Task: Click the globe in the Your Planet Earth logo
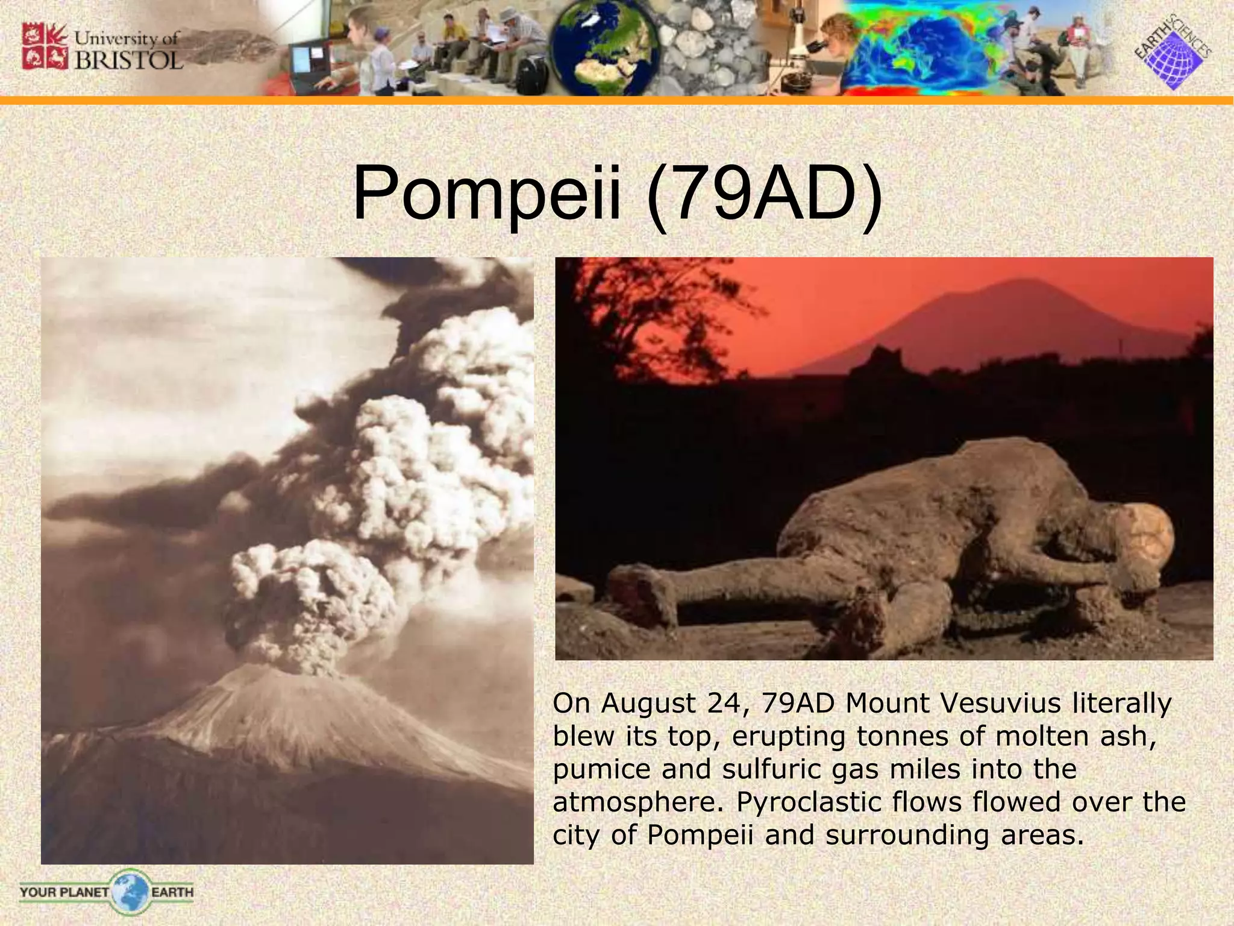click(130, 891)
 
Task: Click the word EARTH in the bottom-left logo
click(172, 892)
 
